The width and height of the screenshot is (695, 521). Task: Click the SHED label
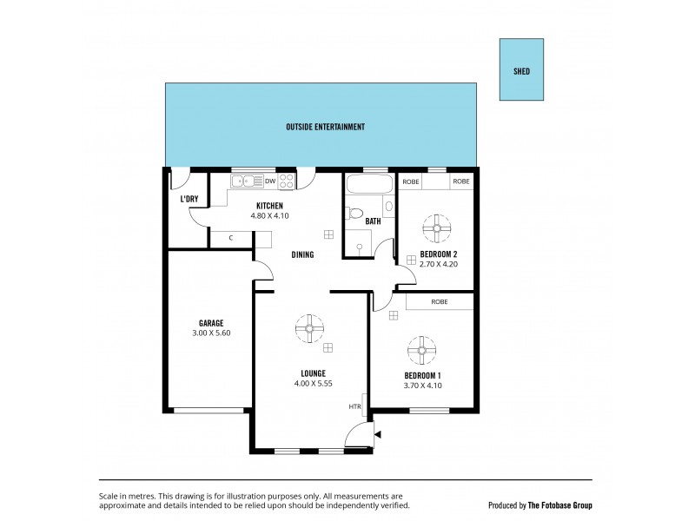(521, 71)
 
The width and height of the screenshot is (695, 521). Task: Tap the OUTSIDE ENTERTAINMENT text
(325, 127)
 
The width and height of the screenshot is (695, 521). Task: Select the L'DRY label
(189, 199)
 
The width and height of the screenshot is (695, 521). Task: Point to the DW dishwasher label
(270, 181)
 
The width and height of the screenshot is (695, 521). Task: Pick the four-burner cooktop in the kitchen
(286, 181)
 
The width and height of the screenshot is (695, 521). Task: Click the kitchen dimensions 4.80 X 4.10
(269, 215)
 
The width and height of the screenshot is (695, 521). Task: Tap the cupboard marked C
(231, 237)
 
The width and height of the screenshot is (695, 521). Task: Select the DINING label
(302, 254)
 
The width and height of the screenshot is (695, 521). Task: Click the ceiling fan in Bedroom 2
(434, 228)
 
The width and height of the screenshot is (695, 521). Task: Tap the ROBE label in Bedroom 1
(439, 301)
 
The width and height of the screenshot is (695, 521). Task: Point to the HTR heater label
(354, 406)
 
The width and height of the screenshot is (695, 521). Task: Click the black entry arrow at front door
(376, 432)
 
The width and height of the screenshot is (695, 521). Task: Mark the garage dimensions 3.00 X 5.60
(210, 333)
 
